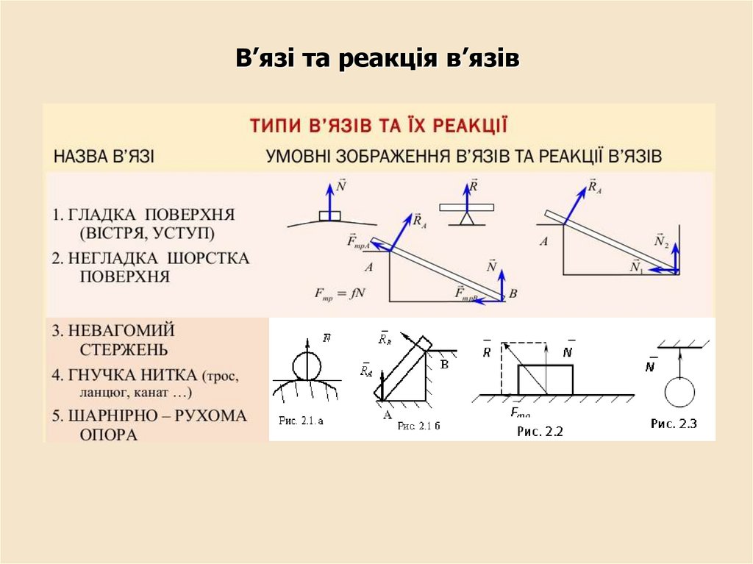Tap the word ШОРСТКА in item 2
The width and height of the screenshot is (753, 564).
(208, 259)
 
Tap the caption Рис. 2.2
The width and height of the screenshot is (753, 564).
(540, 432)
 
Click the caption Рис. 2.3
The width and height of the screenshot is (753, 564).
(674, 424)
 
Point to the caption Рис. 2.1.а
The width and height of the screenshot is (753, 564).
(301, 421)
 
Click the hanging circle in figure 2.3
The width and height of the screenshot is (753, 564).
(679, 392)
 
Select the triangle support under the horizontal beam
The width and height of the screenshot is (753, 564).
(465, 218)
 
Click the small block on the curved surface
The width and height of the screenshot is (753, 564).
(330, 216)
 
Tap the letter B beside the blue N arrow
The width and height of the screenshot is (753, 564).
(513, 293)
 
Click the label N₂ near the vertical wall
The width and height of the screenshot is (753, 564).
(661, 240)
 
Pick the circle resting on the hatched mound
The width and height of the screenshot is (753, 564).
(307, 365)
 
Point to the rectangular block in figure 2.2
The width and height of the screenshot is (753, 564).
(546, 379)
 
